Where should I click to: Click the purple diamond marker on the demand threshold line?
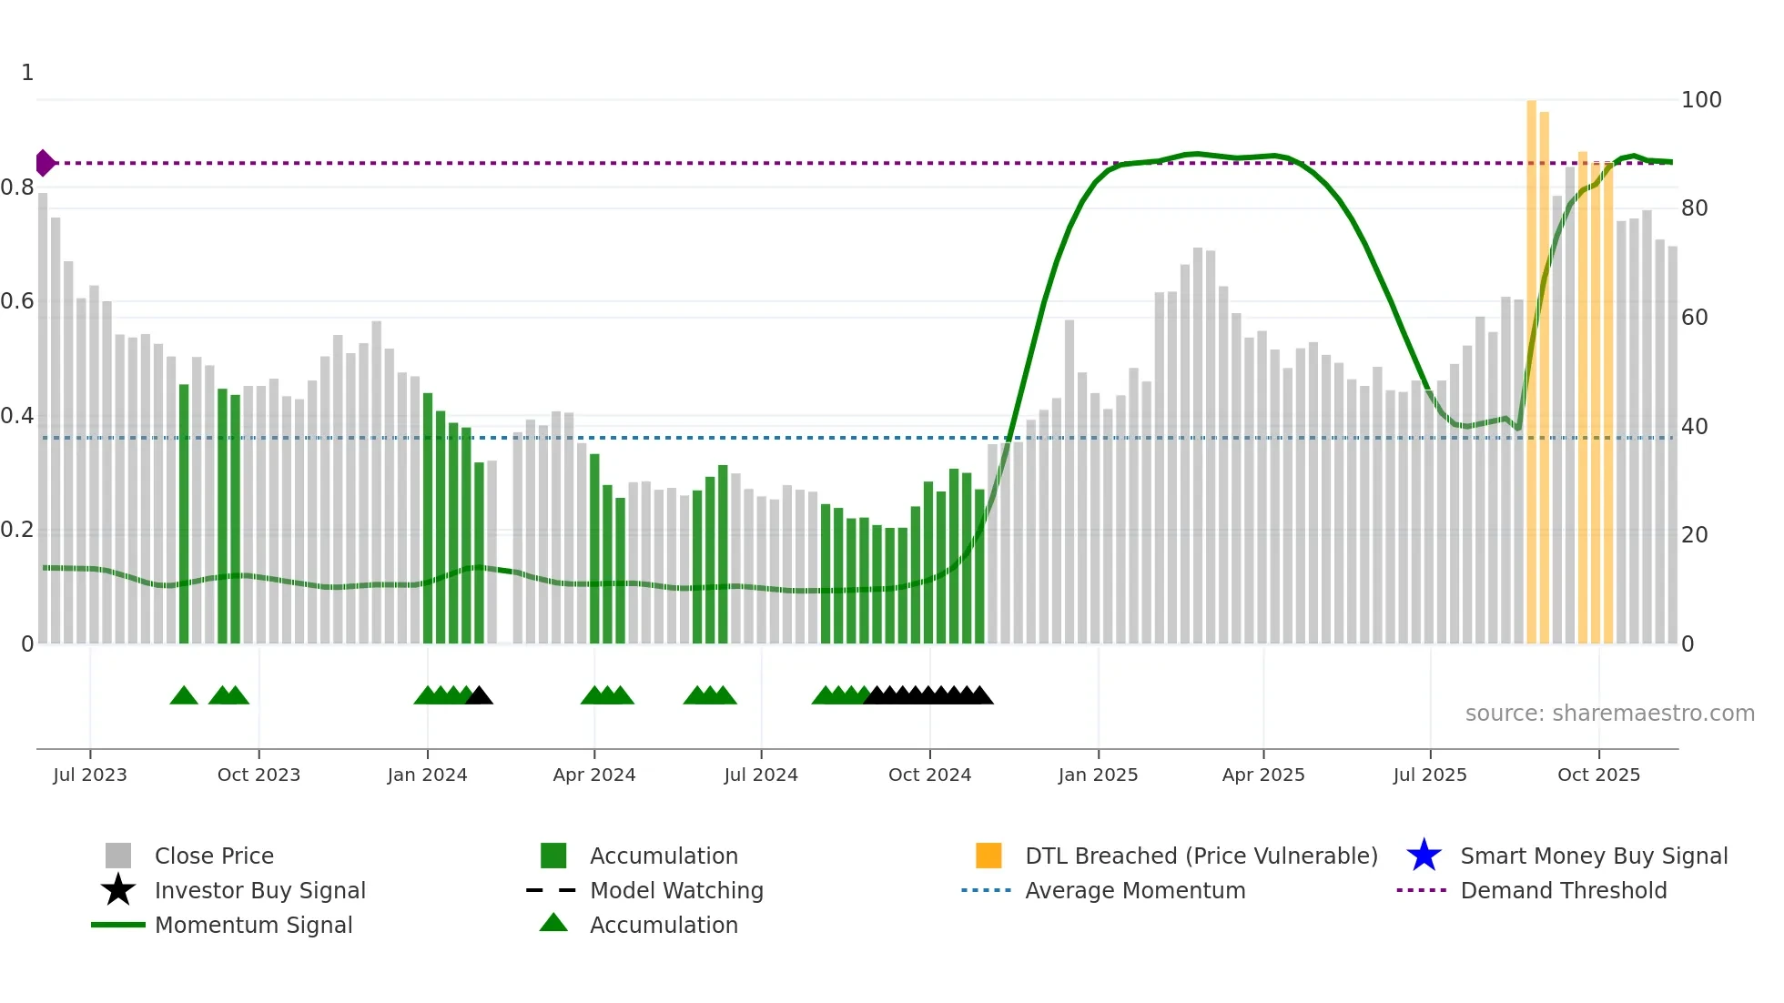point(45,163)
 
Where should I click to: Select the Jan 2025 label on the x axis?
point(1098,775)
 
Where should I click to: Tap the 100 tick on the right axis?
point(1700,100)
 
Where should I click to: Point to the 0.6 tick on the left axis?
point(17,301)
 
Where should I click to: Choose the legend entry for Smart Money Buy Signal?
point(1593,856)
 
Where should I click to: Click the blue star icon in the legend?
point(1424,856)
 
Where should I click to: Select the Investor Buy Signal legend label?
point(259,890)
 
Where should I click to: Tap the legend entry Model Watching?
point(675,890)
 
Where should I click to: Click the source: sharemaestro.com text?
point(1609,714)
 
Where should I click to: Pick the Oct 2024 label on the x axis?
point(929,775)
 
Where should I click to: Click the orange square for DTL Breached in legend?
point(988,856)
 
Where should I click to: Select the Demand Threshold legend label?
point(1563,890)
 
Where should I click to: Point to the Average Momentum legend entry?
point(1134,890)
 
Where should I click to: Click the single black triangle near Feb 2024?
point(480,696)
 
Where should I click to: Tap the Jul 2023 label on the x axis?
point(90,775)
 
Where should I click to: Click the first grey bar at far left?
point(43,419)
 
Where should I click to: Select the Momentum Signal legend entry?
point(253,925)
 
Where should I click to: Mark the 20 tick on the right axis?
point(1694,535)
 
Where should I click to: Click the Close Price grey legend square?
point(118,856)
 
